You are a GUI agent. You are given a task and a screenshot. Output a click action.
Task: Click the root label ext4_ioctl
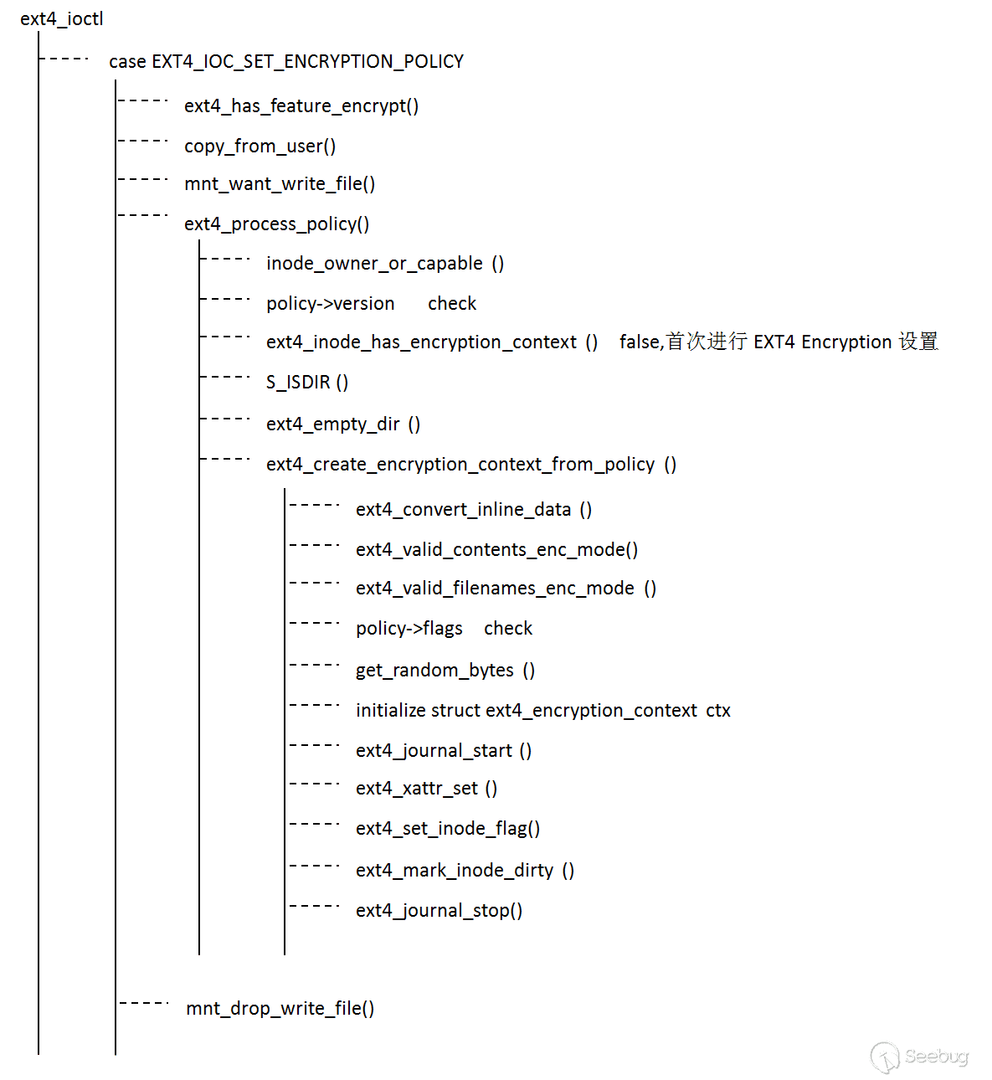(61, 19)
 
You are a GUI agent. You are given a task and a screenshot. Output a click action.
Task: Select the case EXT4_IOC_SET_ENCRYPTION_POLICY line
(285, 62)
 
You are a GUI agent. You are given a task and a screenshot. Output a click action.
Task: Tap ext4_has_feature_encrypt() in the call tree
(301, 106)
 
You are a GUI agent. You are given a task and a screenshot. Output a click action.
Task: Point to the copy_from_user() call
(260, 147)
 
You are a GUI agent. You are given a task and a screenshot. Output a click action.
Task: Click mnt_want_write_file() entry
(280, 184)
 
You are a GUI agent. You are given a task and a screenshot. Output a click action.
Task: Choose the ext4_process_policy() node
(276, 224)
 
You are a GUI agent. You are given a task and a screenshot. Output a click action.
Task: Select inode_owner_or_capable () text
(385, 264)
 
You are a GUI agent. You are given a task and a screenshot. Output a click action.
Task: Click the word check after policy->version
(452, 304)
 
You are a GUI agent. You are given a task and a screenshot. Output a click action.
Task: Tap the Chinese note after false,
(802, 342)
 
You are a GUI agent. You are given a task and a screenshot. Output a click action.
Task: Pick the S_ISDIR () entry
(307, 383)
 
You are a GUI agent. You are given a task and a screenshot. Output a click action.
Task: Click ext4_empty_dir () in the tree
(343, 424)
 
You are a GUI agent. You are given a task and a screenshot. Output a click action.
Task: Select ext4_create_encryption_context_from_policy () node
(471, 465)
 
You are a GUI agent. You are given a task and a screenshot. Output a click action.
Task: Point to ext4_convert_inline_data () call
(474, 510)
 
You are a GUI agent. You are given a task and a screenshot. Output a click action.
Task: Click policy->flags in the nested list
(409, 629)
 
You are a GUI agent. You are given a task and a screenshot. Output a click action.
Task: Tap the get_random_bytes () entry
(445, 671)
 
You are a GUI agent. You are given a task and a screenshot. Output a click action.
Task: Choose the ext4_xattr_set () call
(426, 789)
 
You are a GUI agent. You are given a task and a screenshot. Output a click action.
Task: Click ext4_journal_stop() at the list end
(439, 911)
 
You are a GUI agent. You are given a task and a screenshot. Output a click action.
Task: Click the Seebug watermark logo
(919, 1057)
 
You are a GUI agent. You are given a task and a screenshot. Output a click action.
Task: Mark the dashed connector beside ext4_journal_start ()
(314, 745)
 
